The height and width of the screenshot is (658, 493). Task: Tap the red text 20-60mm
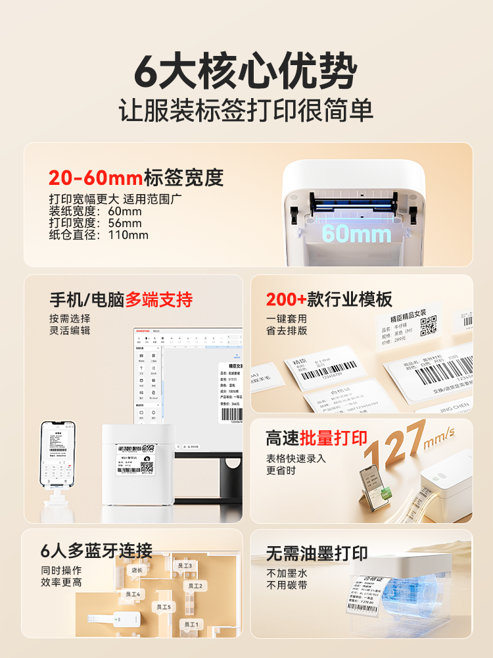pyautogui.click(x=95, y=178)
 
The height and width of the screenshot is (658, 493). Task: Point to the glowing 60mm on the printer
pyautogui.click(x=356, y=233)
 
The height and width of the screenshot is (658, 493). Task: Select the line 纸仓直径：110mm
pyautogui.click(x=99, y=235)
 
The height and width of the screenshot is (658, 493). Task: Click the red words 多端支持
pyautogui.click(x=159, y=300)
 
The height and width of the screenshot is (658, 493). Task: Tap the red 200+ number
pyautogui.click(x=286, y=300)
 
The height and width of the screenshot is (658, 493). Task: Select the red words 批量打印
pyautogui.click(x=334, y=438)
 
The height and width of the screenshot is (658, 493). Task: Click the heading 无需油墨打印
pyautogui.click(x=317, y=553)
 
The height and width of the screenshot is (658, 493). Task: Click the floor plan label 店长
pyautogui.click(x=137, y=570)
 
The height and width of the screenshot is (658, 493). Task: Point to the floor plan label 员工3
pyautogui.click(x=185, y=565)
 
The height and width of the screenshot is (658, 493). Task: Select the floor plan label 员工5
pyautogui.click(x=163, y=607)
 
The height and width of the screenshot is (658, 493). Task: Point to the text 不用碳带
pyautogui.click(x=287, y=585)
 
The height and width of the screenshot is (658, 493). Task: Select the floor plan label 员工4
pyautogui.click(x=133, y=594)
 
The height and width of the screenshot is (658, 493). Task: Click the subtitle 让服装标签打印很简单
pyautogui.click(x=246, y=109)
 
